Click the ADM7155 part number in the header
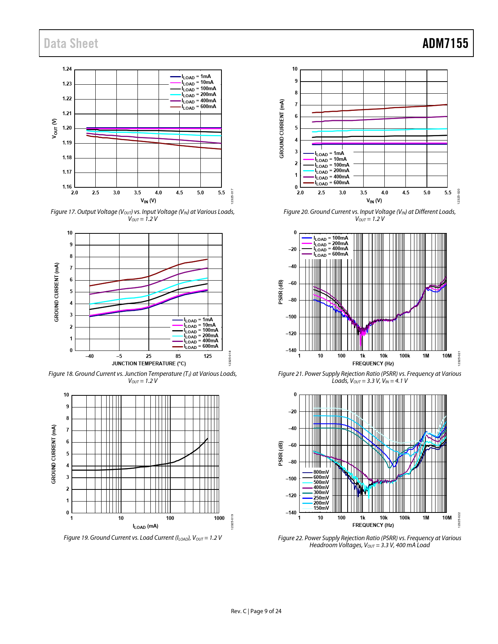445,43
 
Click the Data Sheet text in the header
71,43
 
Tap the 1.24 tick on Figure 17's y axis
67,69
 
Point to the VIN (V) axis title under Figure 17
148,201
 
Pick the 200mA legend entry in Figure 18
201,336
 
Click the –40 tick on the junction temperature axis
89,356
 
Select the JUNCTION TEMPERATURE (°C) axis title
148,363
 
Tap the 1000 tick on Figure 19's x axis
219,518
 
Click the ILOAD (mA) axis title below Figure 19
145,526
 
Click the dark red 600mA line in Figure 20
371,109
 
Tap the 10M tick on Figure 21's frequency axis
446,356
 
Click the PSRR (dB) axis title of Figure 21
280,292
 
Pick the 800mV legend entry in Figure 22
321,472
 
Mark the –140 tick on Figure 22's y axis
291,512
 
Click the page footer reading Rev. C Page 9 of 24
256,611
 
